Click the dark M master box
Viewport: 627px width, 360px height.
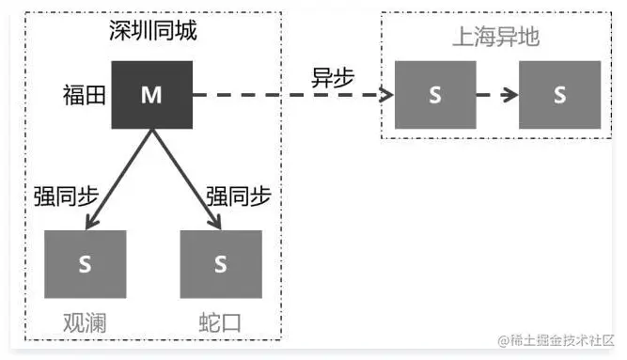pyautogui.click(x=151, y=94)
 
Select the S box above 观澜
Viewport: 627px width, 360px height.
pyautogui.click(x=85, y=265)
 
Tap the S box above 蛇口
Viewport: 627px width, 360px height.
pyautogui.click(x=220, y=265)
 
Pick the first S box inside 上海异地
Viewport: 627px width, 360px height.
pyautogui.click(x=434, y=95)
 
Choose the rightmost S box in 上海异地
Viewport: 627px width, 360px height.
pyautogui.click(x=560, y=95)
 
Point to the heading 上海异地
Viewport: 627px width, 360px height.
pyautogui.click(x=495, y=38)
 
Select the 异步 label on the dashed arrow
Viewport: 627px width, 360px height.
pyautogui.click(x=333, y=78)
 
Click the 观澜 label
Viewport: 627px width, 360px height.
pyautogui.click(x=84, y=321)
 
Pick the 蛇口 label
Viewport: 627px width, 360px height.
pyautogui.click(x=220, y=321)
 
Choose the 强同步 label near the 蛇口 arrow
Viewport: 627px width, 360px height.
pyautogui.click(x=239, y=197)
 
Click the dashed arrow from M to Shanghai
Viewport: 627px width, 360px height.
pyautogui.click(x=291, y=95)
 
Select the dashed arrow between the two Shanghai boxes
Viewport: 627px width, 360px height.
pyautogui.click(x=496, y=95)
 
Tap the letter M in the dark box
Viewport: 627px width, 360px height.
pyautogui.click(x=151, y=95)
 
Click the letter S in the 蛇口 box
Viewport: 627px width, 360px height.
pyautogui.click(x=220, y=265)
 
